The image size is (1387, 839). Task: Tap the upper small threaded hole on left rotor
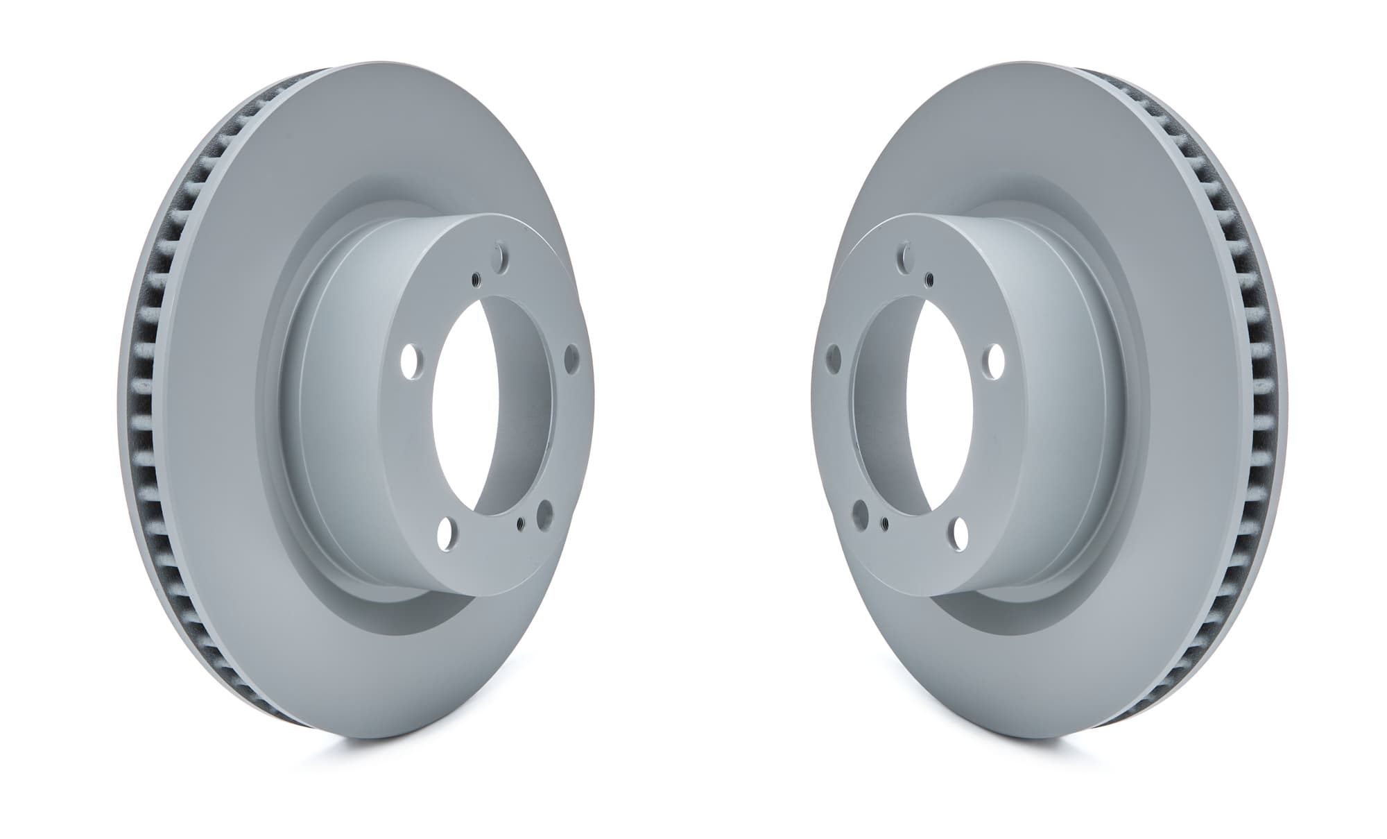[x=476, y=280]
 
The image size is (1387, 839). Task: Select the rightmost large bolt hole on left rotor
[x=572, y=358]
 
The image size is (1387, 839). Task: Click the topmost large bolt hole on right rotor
[x=906, y=257]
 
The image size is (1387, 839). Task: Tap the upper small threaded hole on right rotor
[x=929, y=280]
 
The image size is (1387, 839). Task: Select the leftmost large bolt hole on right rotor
[x=833, y=358]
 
